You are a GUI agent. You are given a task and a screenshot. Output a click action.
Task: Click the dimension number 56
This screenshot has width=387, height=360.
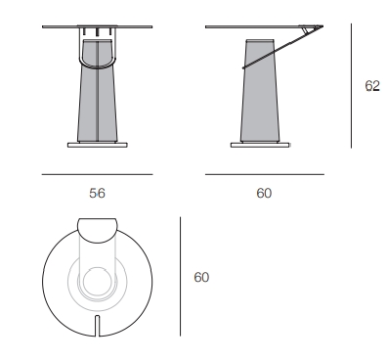[97, 194]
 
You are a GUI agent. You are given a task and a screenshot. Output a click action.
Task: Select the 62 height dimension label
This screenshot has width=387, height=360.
[372, 86]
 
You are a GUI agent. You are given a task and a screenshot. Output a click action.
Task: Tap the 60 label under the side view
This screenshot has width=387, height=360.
[264, 194]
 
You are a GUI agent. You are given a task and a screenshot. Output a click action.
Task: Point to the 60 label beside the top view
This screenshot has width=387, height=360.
[201, 277]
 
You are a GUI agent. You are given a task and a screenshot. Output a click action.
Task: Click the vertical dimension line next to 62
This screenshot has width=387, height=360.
[351, 85]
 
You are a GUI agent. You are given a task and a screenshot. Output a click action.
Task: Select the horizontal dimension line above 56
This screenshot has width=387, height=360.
[97, 174]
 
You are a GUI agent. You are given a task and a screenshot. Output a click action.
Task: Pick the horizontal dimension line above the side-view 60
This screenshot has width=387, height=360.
[265, 174]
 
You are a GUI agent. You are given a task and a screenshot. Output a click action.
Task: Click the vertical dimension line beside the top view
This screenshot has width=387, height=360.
[180, 276]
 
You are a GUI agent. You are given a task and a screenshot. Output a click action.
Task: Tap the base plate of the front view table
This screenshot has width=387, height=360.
[98, 145]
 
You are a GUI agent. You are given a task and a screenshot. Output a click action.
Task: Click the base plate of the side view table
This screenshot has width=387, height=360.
[260, 145]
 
